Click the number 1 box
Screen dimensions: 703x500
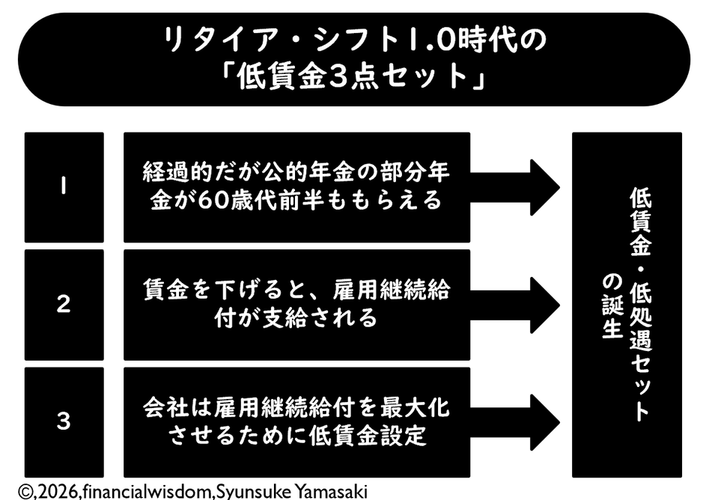[64, 187]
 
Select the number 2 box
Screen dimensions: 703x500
[64, 305]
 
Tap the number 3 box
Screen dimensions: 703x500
[64, 422]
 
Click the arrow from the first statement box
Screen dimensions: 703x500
[514, 187]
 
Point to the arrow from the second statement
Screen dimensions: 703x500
[514, 305]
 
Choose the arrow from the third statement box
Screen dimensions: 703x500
[514, 422]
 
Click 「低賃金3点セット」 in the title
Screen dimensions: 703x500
[354, 76]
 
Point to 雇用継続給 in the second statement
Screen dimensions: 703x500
[391, 290]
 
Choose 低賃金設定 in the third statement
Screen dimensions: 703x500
[368, 436]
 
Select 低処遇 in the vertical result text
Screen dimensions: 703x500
[641, 318]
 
